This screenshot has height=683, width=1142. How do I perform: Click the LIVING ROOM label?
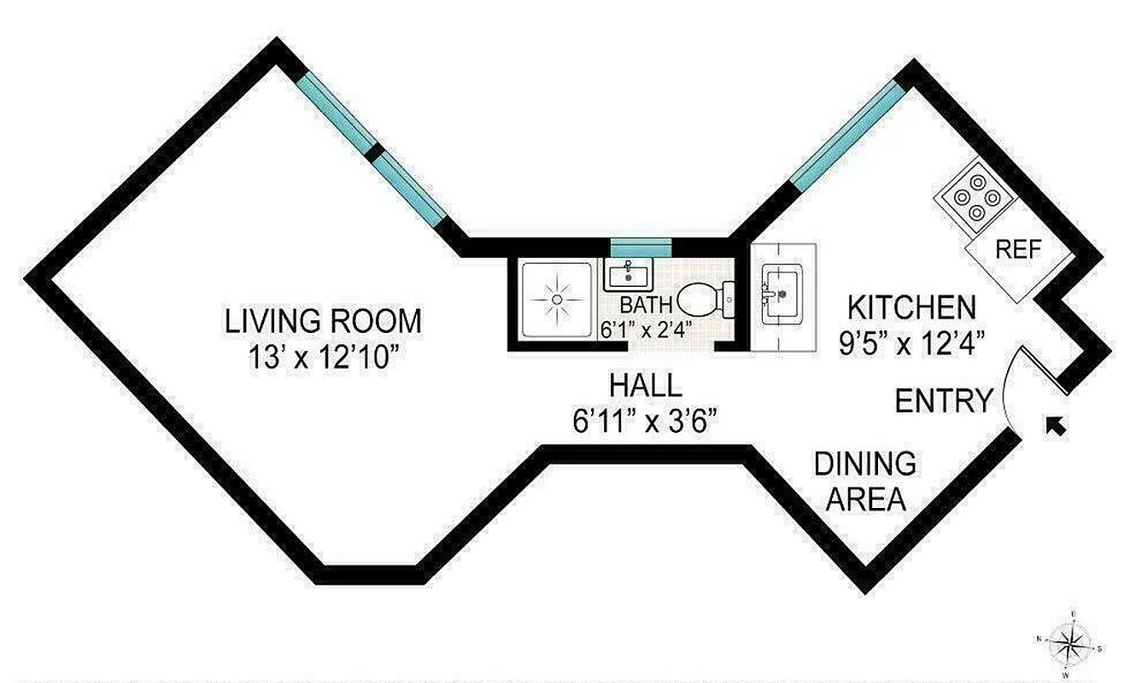coord(323,322)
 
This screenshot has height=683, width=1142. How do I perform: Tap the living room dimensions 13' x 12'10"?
coord(323,356)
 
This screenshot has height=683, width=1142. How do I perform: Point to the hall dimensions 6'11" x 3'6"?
coord(645,420)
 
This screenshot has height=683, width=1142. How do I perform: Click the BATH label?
coord(646,304)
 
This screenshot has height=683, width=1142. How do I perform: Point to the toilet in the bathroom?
coord(705,299)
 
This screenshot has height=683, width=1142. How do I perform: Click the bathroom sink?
coord(630,274)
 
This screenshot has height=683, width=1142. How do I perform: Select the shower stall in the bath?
coord(555,299)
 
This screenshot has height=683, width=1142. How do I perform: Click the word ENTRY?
coord(944,400)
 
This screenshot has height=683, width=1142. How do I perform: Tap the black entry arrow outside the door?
coord(1057,424)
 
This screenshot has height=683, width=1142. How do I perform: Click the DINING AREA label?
coord(864,481)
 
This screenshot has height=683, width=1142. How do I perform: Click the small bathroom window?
coord(641,248)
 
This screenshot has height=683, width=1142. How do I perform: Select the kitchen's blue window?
coord(846,137)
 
